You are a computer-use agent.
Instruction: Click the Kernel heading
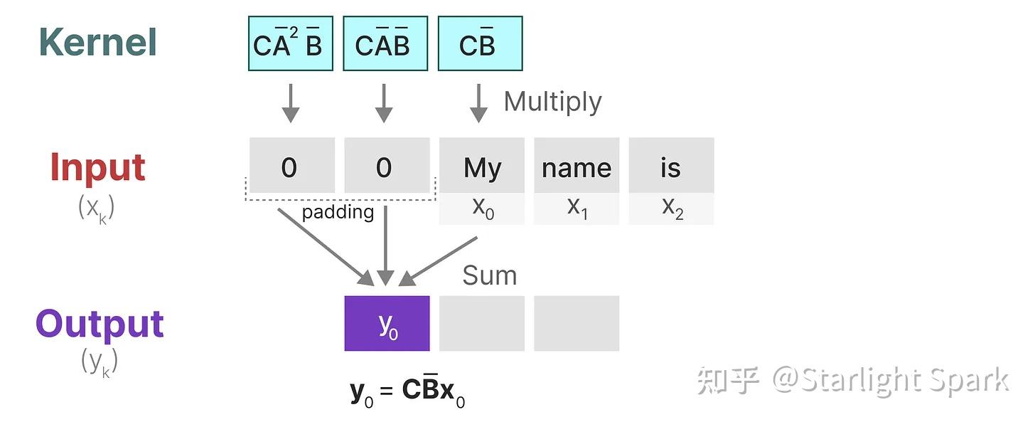coord(97,42)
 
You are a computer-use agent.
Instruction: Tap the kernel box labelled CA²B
coord(290,44)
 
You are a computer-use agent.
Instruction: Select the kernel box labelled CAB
coord(385,44)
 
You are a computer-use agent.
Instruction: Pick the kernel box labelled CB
coord(480,44)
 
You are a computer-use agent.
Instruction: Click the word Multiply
coord(552,102)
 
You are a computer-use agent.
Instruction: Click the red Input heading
coord(97,167)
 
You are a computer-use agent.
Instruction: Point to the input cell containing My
coord(481,166)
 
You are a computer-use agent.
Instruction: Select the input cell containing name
coord(577,166)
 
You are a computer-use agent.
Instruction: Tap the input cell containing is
coord(670,166)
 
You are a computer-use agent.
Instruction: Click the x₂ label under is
coord(671,208)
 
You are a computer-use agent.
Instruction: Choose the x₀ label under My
coord(482,208)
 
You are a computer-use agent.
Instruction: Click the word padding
coord(338,212)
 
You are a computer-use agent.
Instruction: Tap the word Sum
coord(489,275)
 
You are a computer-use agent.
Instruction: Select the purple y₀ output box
coord(387,323)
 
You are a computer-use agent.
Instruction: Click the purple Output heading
coord(100,324)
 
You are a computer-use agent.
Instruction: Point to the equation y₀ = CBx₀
coord(407,391)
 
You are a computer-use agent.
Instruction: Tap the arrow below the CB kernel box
coord(479,103)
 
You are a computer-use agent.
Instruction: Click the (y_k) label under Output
coord(100,362)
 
